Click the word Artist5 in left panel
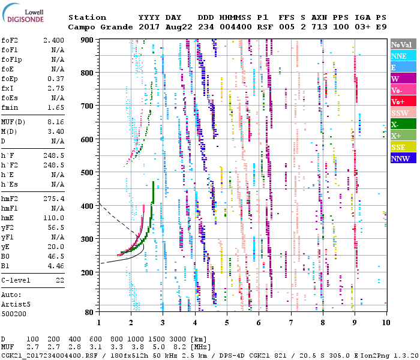(17, 304)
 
